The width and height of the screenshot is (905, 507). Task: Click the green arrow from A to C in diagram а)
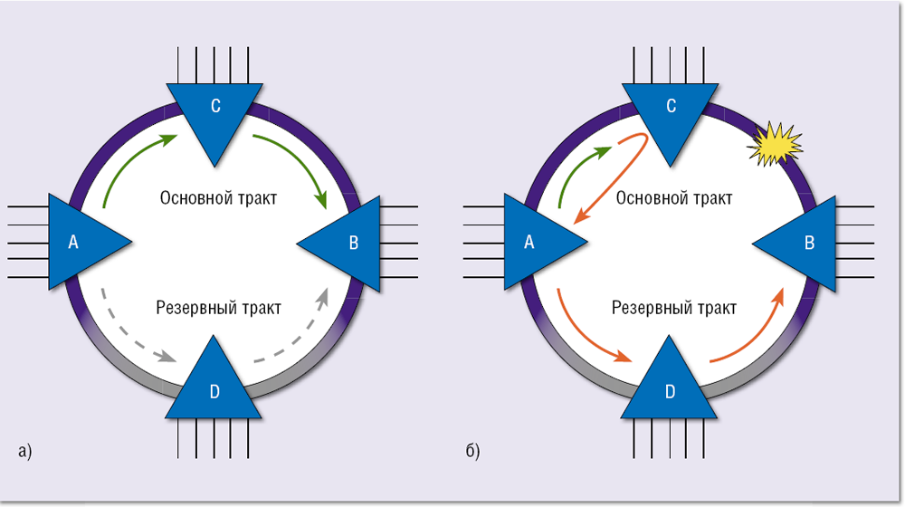131,163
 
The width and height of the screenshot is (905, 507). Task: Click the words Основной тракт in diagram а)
218,197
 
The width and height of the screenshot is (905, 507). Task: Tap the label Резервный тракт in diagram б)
674,308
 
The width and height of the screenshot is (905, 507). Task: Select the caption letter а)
24,449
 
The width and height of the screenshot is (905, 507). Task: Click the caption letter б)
473,449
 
